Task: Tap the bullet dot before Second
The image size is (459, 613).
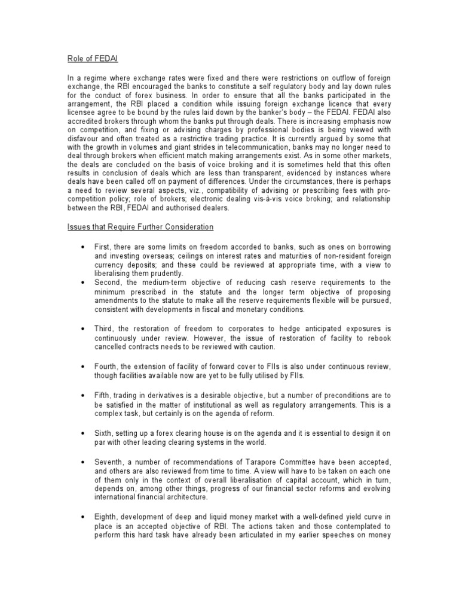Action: (x=81, y=282)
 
